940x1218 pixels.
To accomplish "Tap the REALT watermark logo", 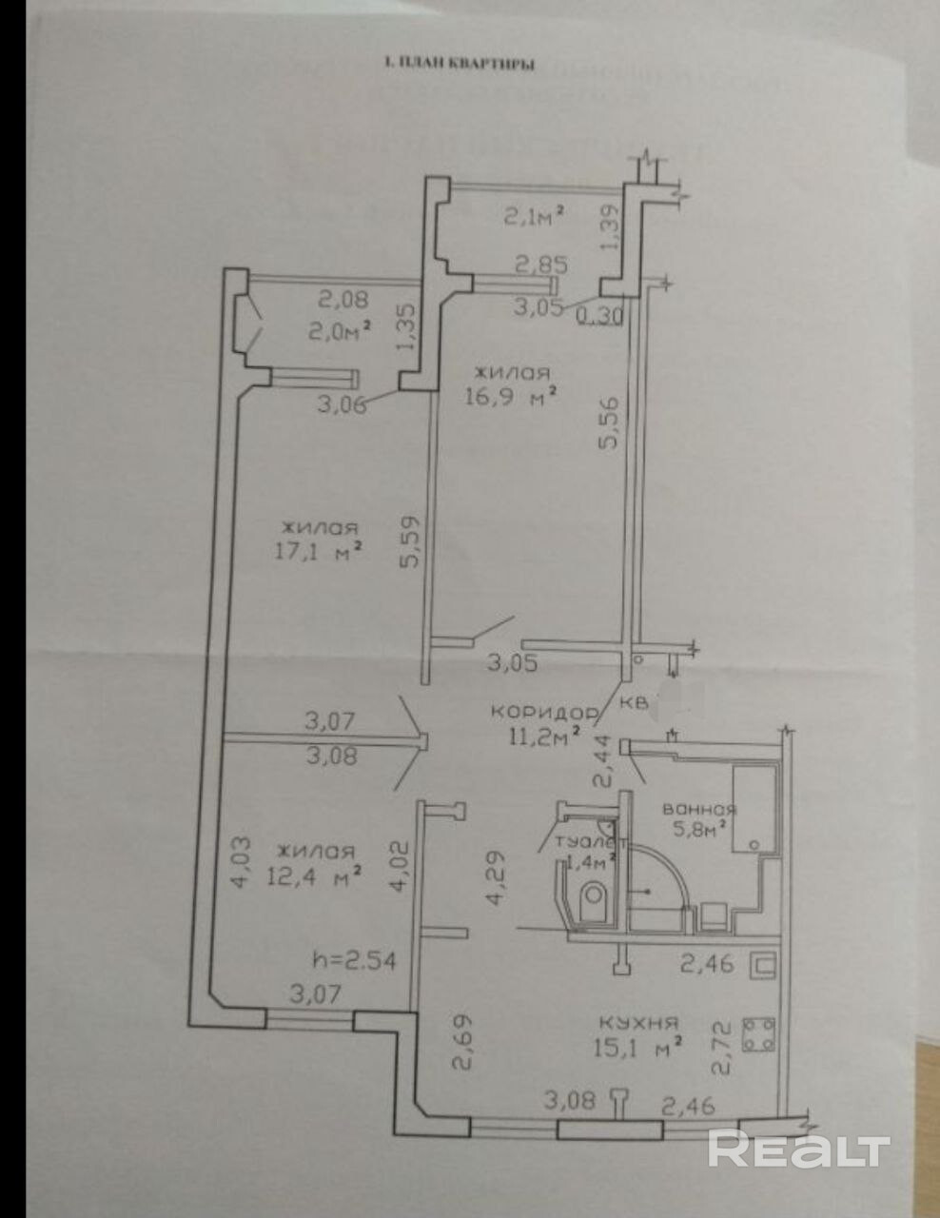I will click(798, 1149).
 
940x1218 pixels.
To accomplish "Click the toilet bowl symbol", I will click(595, 895).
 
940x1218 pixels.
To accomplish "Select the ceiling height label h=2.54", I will click(354, 959).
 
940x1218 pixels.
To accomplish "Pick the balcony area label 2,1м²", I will click(534, 214).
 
